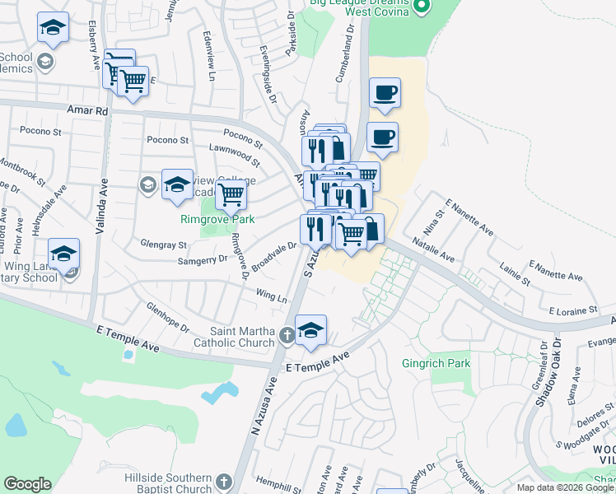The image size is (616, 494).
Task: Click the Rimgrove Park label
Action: point(217,219)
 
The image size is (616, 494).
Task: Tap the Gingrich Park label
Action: point(436,363)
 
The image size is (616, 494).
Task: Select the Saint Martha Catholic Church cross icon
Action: point(285,335)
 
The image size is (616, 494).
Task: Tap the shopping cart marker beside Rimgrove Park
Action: point(231,195)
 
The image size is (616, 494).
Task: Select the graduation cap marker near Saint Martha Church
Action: point(310,330)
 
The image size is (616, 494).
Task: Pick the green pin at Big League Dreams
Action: point(422,7)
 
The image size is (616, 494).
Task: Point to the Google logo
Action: point(28,484)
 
